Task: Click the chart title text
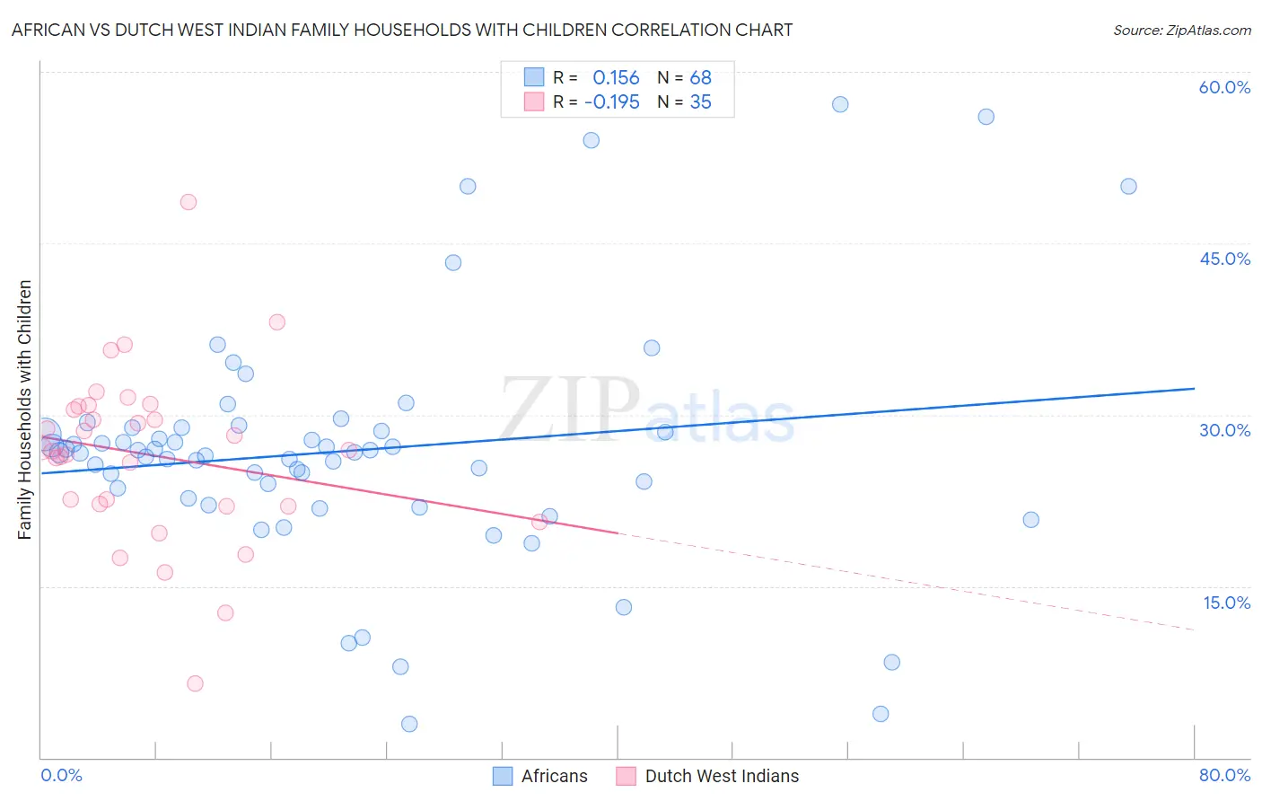coord(401,30)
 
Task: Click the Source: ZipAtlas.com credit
coord(1181,30)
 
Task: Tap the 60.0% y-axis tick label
coord(1223,87)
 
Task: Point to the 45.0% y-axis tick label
coord(1223,259)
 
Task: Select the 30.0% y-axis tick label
coord(1223,430)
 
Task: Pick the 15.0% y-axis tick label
coord(1225,603)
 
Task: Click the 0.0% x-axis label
coord(61,775)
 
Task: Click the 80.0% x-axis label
coord(1223,775)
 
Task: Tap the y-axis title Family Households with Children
coord(24,409)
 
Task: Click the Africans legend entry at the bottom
coord(554,776)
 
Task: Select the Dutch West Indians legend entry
coord(721,776)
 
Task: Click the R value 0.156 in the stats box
coord(616,78)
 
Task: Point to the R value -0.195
coord(611,101)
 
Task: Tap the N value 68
coord(700,78)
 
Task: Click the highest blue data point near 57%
coord(840,104)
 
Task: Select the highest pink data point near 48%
coord(188,202)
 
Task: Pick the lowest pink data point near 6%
coord(195,683)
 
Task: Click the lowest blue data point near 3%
coord(409,724)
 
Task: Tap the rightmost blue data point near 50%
coord(1128,187)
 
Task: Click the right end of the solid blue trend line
coord(1194,389)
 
